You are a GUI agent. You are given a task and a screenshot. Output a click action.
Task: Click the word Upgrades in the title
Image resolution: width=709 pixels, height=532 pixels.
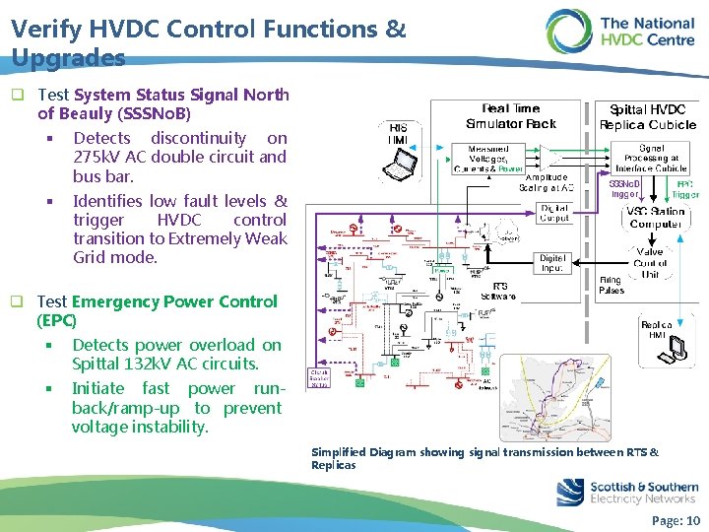[x=69, y=57]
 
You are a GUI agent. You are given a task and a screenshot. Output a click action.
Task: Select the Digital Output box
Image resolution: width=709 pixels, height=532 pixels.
[x=553, y=212]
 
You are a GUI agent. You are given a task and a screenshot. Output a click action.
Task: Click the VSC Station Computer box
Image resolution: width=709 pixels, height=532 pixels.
[x=655, y=217]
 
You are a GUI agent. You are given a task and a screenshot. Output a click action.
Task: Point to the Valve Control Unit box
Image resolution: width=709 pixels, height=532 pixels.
[x=650, y=263]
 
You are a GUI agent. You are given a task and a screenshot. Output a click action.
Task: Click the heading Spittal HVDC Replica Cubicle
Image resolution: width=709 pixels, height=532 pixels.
[x=648, y=116]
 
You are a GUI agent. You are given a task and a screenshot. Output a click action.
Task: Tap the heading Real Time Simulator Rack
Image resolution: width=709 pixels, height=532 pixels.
[x=510, y=115]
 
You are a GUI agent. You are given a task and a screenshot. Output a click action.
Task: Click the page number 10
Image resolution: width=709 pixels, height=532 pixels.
[x=692, y=520]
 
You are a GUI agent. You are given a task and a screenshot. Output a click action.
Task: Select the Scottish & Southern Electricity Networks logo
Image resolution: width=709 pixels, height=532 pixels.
[x=626, y=492]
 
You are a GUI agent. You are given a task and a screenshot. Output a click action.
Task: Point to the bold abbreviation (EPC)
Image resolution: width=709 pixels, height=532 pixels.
[x=56, y=320]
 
